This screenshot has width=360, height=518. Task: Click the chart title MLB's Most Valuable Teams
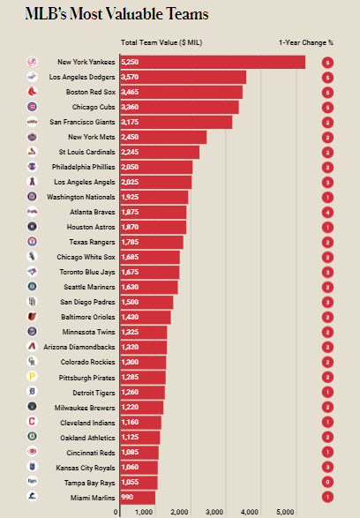pyautogui.click(x=116, y=14)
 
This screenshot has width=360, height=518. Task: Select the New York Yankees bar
pyautogui.click(x=213, y=62)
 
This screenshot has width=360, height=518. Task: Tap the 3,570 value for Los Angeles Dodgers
pyautogui.click(x=130, y=77)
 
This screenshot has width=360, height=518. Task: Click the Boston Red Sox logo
pyautogui.click(x=32, y=92)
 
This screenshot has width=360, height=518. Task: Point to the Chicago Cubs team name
pyautogui.click(x=94, y=107)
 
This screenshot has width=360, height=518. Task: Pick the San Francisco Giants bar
pyautogui.click(x=176, y=122)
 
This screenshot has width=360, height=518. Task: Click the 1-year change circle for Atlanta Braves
pyautogui.click(x=327, y=212)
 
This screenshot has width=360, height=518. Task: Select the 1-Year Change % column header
pyautogui.click(x=306, y=42)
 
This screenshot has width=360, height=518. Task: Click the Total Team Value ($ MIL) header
pyautogui.click(x=161, y=42)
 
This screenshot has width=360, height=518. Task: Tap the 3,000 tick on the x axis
pyautogui.click(x=214, y=512)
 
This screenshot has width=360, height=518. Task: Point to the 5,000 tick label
pyautogui.click(x=285, y=512)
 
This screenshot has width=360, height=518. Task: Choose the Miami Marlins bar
pyautogui.click(x=138, y=498)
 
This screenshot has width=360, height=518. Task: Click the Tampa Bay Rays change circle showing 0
pyautogui.click(x=327, y=482)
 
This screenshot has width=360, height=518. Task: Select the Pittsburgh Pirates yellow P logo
pyautogui.click(x=32, y=376)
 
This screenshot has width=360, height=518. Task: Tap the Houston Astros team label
pyautogui.click(x=91, y=227)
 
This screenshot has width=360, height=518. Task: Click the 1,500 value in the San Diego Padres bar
pyautogui.click(x=130, y=302)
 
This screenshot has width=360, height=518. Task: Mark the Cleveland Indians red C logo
pyautogui.click(x=32, y=421)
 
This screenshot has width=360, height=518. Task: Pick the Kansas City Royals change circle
pyautogui.click(x=327, y=467)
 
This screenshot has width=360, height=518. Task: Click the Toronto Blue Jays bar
pyautogui.click(x=150, y=272)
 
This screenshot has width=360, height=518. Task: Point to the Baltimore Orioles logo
pyautogui.click(x=32, y=317)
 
